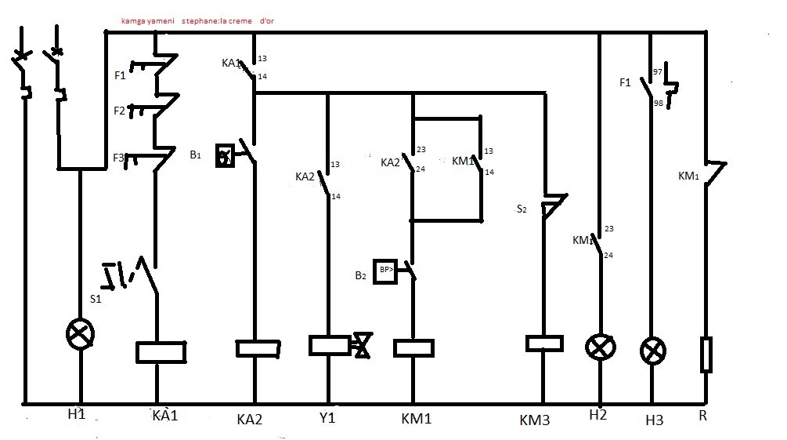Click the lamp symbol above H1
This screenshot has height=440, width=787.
[x=79, y=335]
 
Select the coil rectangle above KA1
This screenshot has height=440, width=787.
[x=161, y=352]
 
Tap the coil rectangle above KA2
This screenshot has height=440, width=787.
[x=258, y=348]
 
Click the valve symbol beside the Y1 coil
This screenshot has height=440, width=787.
[x=362, y=346]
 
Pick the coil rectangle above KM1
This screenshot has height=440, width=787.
[x=413, y=348]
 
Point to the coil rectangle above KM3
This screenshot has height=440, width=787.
[x=543, y=344]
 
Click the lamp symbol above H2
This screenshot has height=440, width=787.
[x=601, y=347]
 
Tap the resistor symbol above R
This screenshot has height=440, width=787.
[x=706, y=355]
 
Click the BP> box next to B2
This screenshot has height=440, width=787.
[x=386, y=270]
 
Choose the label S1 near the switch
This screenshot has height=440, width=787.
[x=96, y=299]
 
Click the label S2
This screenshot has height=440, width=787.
[x=522, y=209]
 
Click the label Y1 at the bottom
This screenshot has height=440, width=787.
[x=327, y=418]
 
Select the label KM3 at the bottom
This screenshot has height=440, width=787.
[x=536, y=420]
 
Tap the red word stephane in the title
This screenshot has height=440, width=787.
[x=204, y=20]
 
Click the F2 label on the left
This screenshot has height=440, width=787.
[x=119, y=111]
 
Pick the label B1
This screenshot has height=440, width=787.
[x=195, y=155]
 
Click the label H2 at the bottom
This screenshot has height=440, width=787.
[x=599, y=416]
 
